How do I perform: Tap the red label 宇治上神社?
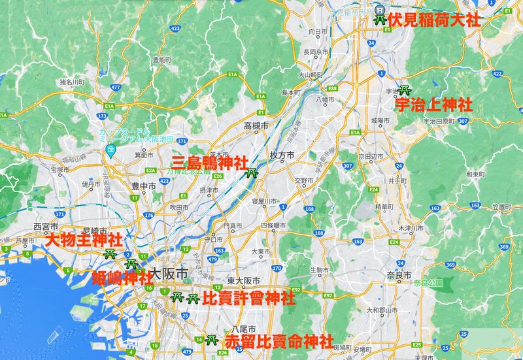point(433,105)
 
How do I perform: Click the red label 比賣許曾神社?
point(249,299)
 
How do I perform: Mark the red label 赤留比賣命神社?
point(278,342)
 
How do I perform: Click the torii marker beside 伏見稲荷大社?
point(379,20)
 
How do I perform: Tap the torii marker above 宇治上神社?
point(405,89)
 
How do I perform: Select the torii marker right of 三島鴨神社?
point(252,173)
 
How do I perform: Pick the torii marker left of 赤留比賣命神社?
point(211,340)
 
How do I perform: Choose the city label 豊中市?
point(143,186)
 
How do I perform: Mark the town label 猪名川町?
point(72,82)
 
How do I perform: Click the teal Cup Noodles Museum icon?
point(111,150)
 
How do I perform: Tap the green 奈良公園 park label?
point(428,284)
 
